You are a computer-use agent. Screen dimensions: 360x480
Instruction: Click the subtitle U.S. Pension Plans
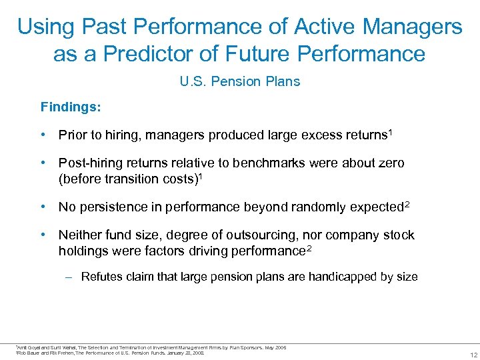pyautogui.click(x=240, y=82)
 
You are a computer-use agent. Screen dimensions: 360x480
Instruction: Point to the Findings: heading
pyautogui.click(x=69, y=107)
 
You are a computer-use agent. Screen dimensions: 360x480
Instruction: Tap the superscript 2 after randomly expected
pyautogui.click(x=406, y=205)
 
